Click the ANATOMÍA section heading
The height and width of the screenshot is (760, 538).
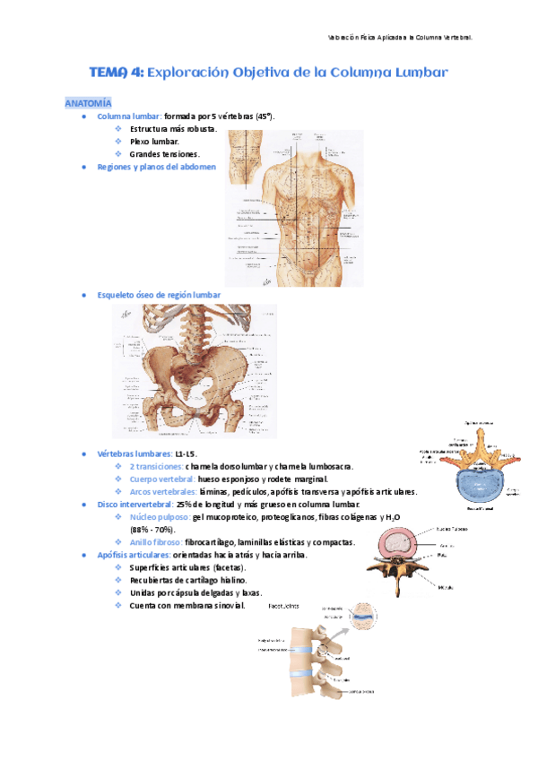pyautogui.click(x=88, y=104)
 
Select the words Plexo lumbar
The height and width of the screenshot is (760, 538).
pyautogui.click(x=154, y=142)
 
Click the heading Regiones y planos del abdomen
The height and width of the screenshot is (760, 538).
pyautogui.click(x=156, y=167)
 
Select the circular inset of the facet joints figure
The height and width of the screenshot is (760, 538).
pyautogui.click(x=363, y=617)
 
